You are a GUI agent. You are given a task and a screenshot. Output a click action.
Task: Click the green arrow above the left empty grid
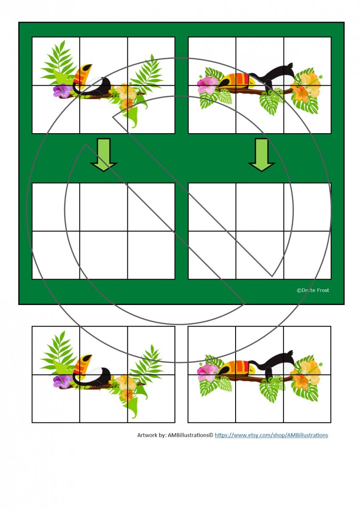coord(104,154)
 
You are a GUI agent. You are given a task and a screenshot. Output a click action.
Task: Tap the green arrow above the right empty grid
coord(262,154)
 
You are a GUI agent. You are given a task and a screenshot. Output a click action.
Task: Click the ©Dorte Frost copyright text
coord(313,290)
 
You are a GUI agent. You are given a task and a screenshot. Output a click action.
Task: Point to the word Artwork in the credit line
coord(147,435)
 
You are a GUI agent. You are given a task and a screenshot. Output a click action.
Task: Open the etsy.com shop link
coord(271,435)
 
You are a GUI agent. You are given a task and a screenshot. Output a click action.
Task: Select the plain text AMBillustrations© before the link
coord(191,435)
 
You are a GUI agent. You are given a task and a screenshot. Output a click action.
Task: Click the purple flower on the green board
coord(62,91)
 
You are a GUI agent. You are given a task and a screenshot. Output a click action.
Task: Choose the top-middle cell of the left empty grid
coord(104,207)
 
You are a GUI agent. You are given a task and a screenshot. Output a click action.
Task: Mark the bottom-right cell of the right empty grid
coord(307,255)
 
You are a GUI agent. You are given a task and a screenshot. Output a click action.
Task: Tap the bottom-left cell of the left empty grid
coord(56,255)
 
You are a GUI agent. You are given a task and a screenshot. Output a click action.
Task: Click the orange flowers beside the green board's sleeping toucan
coord(307,88)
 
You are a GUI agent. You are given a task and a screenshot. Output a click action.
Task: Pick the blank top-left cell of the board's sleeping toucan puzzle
coord(212,62)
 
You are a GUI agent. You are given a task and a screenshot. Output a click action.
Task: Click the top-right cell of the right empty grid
coord(307,207)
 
